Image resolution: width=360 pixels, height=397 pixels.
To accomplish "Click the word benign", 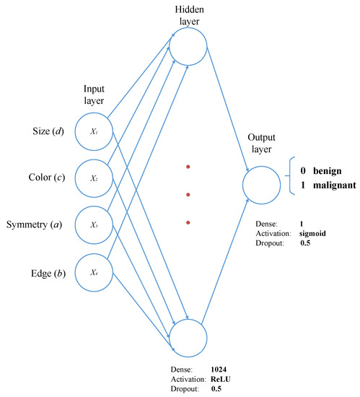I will [325, 170].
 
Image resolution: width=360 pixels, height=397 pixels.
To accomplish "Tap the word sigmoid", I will [315, 233].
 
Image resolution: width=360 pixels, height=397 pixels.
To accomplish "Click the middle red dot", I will [188, 195].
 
